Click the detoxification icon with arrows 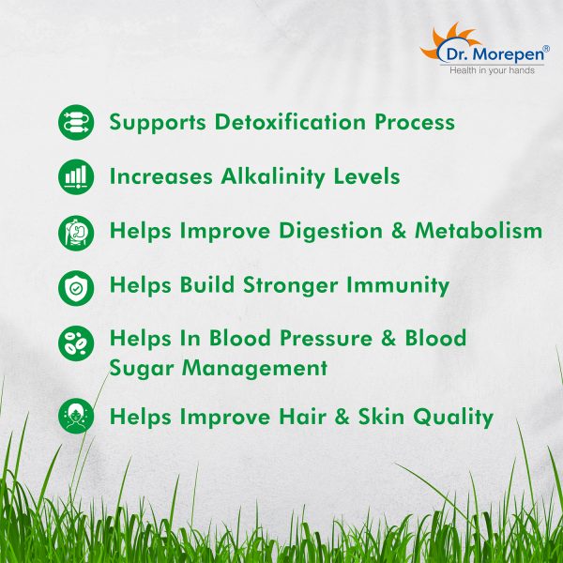click(76, 122)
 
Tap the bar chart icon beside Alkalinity click(76, 176)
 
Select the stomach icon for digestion click(76, 233)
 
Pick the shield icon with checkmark click(76, 288)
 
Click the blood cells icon click(76, 343)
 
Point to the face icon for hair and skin click(76, 416)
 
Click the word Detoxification click(290, 122)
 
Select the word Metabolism click(479, 230)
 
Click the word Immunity click(398, 286)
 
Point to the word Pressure click(326, 338)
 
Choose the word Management click(254, 369)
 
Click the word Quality click(453, 418)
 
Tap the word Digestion click(330, 231)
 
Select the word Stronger click(291, 286)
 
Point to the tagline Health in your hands click(492, 70)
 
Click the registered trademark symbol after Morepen click(546, 48)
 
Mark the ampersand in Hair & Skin click(342, 417)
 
